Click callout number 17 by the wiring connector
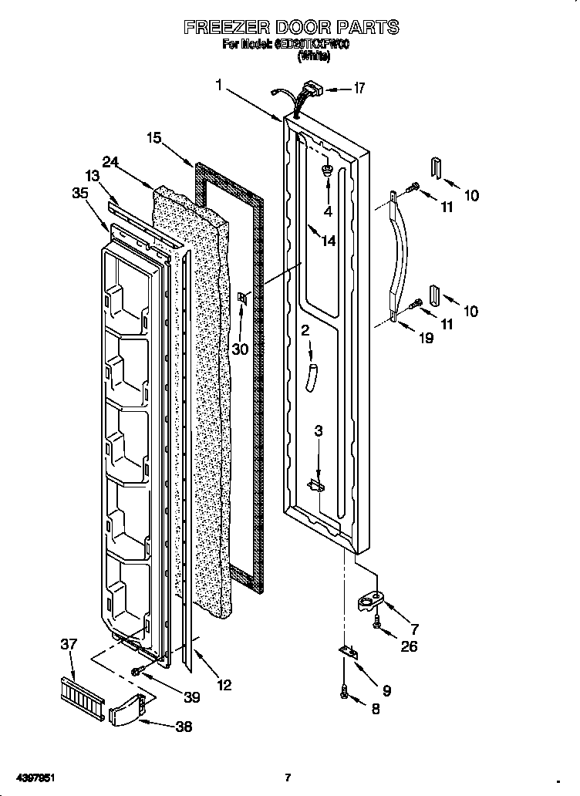pos(358,88)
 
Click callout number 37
pos(69,643)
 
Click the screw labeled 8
pos(343,695)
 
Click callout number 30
pos(240,349)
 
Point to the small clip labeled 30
pos(244,298)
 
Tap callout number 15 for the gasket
pos(153,138)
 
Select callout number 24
pos(110,163)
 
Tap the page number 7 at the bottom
pos(287,777)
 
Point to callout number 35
pos(79,194)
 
